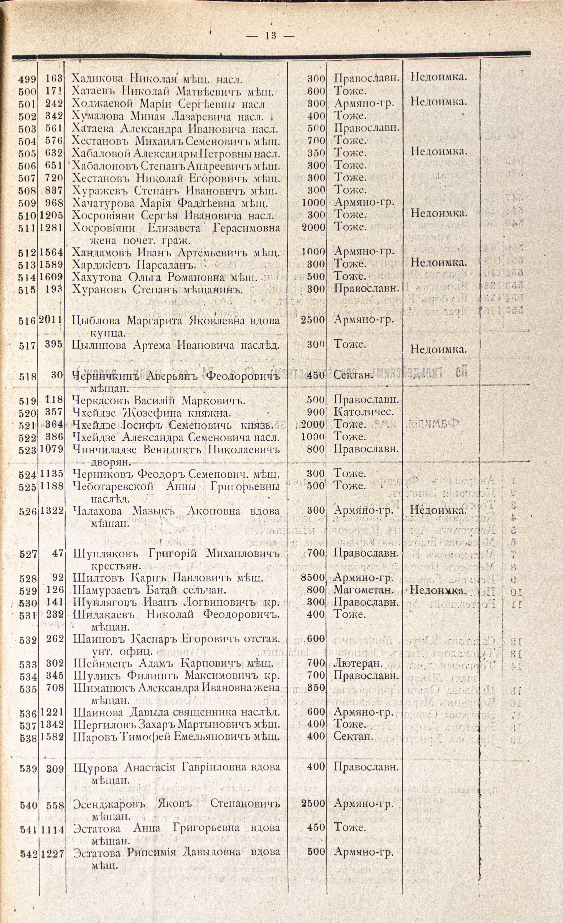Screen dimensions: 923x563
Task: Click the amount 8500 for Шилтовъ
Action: [x=313, y=578]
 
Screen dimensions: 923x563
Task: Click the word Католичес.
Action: [x=364, y=412]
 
